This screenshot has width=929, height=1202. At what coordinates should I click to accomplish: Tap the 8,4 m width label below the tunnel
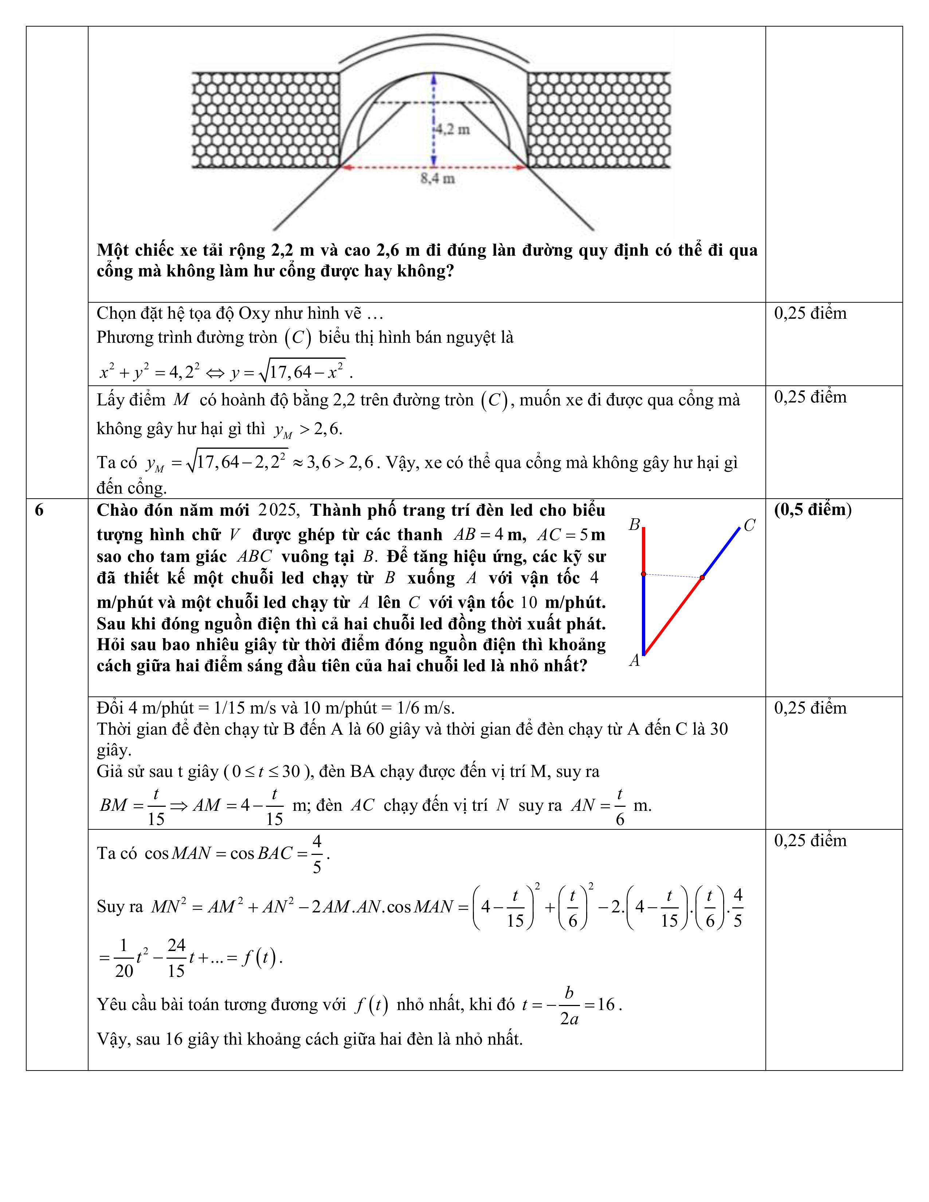pos(438,178)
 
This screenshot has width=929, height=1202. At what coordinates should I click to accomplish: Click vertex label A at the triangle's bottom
pos(635,660)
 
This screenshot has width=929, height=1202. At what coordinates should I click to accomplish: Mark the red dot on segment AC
pos(702,577)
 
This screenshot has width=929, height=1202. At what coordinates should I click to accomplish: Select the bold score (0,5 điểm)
pos(813,510)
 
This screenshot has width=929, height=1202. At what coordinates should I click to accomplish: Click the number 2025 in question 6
pos(278,510)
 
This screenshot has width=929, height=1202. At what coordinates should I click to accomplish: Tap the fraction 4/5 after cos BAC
pos(317,854)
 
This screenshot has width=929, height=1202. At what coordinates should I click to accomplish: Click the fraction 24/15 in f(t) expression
pos(176,958)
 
